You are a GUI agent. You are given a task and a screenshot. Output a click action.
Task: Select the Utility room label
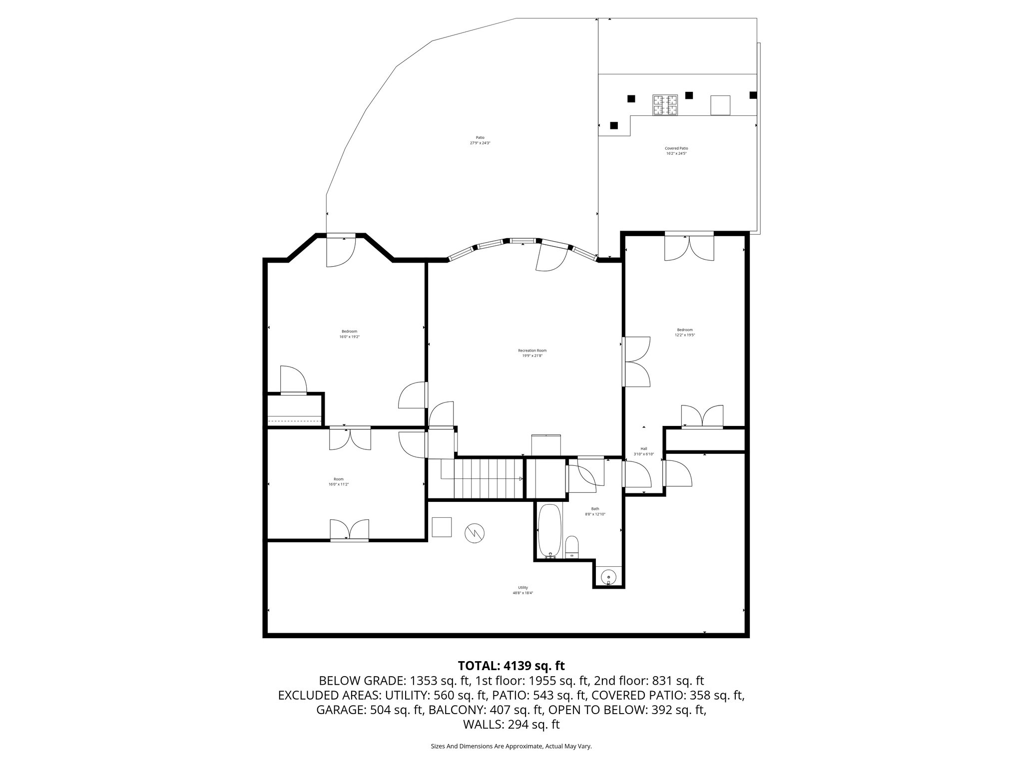tap(522, 590)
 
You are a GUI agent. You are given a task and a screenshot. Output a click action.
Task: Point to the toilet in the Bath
tap(571, 547)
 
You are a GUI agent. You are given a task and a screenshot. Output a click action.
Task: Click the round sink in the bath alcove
tap(608, 577)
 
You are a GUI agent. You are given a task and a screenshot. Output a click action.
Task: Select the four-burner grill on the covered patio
tap(665, 105)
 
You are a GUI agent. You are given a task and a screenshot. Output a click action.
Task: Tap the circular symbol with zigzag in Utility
tap(474, 533)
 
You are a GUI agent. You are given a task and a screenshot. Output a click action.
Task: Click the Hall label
tap(643, 451)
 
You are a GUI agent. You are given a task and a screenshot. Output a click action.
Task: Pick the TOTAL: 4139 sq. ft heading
tap(511, 666)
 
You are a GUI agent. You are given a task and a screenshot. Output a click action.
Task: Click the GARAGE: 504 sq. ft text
tap(370, 710)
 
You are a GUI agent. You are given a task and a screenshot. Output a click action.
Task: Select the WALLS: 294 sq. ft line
tap(511, 724)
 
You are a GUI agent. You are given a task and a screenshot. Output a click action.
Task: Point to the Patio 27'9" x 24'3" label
tap(480, 140)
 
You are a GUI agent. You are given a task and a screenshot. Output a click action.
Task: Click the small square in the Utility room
tap(442, 527)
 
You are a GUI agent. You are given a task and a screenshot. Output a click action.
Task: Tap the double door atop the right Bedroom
tap(688, 246)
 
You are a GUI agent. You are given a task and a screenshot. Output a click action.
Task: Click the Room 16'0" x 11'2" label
tap(338, 481)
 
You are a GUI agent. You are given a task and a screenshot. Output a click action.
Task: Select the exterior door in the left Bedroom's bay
tap(341, 250)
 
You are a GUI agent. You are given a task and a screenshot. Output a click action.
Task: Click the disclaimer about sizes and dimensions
tap(511, 746)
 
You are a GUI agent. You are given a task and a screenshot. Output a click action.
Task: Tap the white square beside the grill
tap(720, 105)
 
